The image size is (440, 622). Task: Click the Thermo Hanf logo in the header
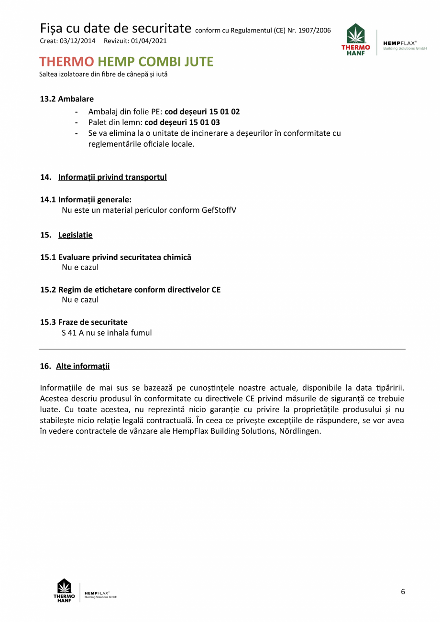[x=356, y=39]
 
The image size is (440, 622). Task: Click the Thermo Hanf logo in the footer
[x=64, y=591]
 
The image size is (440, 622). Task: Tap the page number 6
[x=403, y=592]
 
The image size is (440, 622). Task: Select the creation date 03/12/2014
[x=77, y=41]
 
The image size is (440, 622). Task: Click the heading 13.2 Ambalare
[x=66, y=99]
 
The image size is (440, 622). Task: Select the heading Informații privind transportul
[x=112, y=177]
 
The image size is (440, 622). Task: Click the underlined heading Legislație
[x=75, y=235]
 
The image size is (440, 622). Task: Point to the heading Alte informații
[x=83, y=366]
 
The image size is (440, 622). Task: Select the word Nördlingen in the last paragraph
[x=299, y=431]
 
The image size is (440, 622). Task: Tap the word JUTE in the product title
[x=193, y=62]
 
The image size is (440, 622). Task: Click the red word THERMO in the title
[x=66, y=62]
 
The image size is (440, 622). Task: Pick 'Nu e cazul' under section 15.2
[x=80, y=300]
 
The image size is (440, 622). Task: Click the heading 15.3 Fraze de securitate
[x=84, y=322]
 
